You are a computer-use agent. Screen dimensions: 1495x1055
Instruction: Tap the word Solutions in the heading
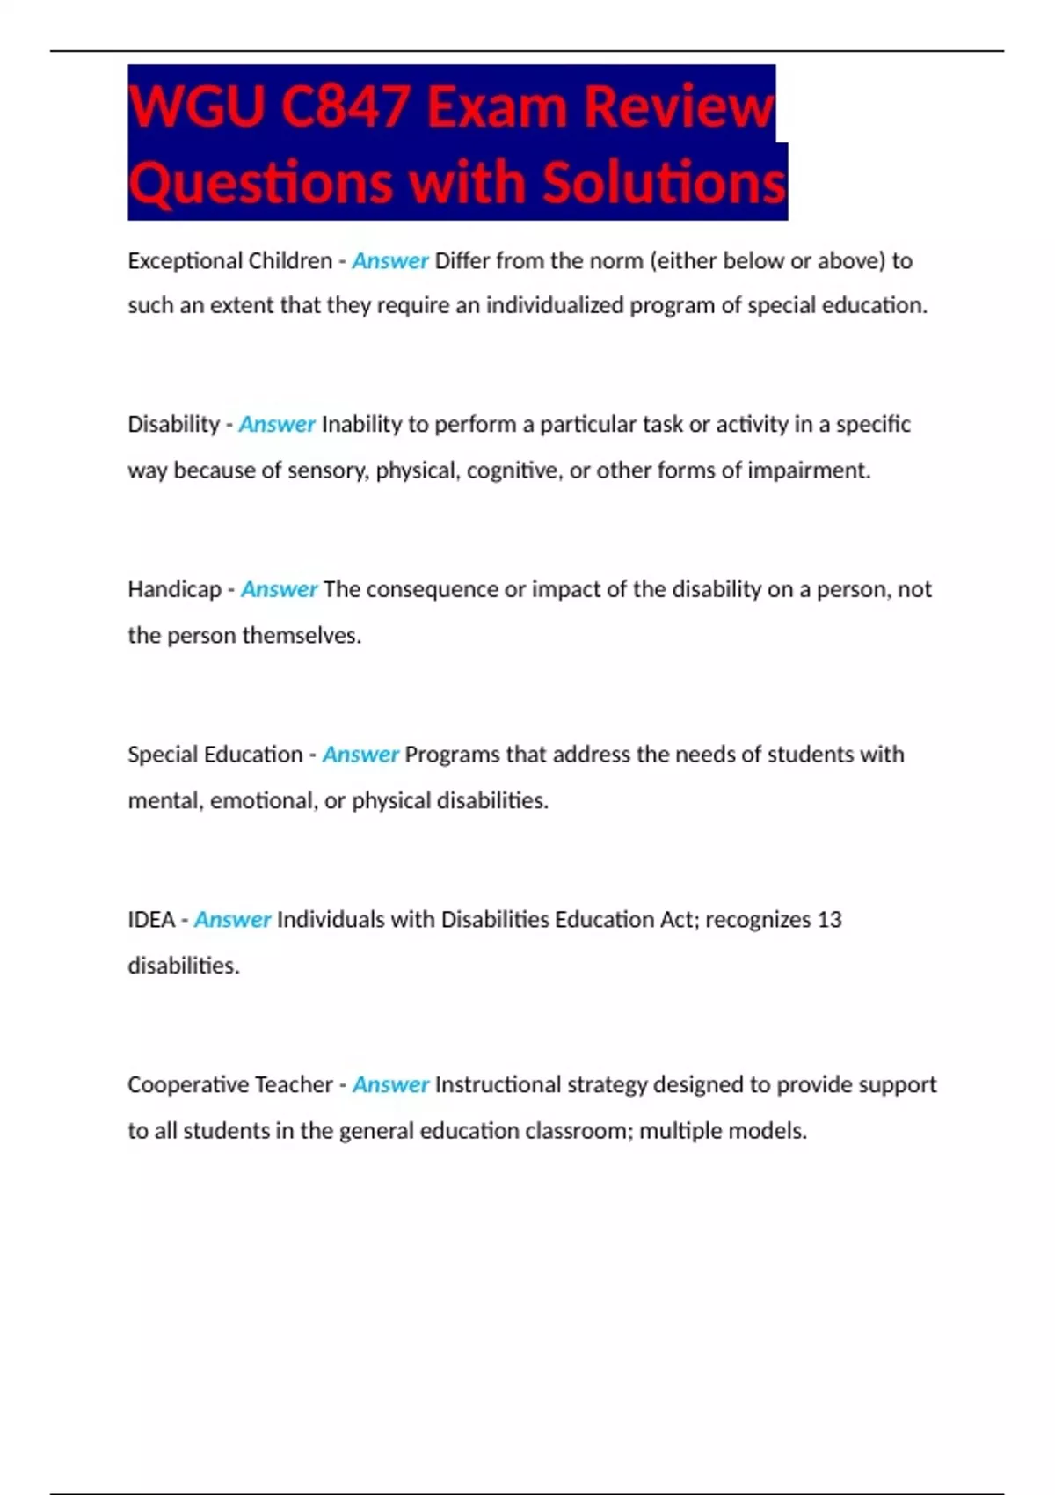664,183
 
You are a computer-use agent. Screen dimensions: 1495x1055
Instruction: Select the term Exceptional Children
229,261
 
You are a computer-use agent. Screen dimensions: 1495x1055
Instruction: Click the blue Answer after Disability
276,425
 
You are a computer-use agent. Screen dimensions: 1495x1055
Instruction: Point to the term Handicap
174,589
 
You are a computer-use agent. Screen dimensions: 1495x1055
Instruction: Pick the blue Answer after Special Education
360,755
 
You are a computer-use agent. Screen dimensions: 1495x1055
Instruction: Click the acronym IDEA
151,920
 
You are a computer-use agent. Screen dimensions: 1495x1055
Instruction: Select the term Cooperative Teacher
229,1084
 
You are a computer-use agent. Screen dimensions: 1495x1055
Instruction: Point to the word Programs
452,755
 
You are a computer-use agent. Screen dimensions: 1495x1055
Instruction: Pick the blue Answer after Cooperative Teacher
390,1084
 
